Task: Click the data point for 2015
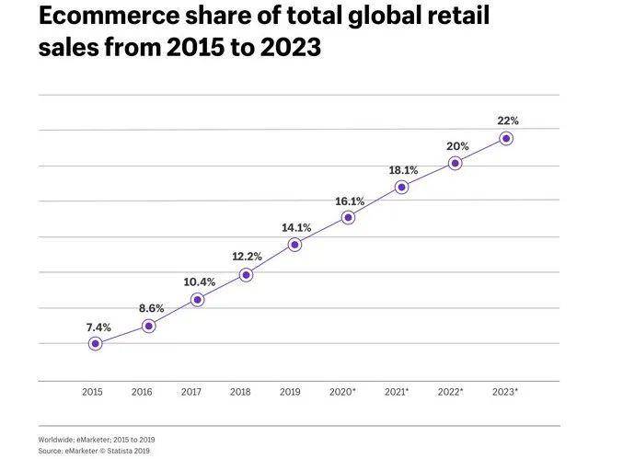(95, 344)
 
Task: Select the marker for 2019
(294, 245)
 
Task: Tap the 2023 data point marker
(506, 139)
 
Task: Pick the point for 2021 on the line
(401, 187)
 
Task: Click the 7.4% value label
(98, 326)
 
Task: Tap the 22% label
(508, 120)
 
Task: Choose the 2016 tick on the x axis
(142, 392)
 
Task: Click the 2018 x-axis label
(241, 392)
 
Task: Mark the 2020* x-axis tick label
(342, 392)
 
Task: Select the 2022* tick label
(449, 392)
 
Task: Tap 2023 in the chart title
(286, 47)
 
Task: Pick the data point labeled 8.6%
(148, 326)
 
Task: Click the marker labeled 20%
(455, 164)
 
